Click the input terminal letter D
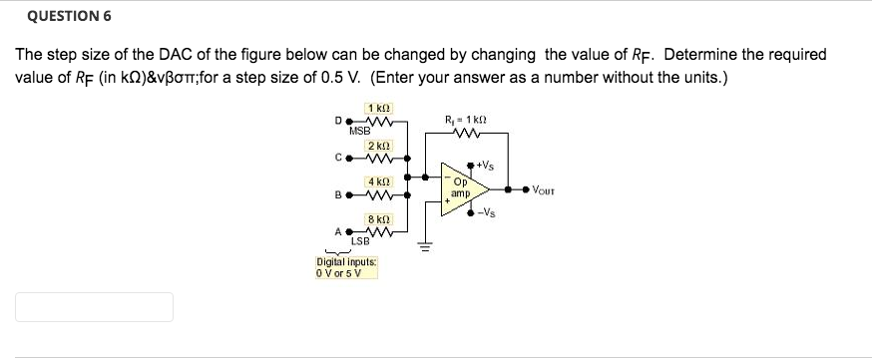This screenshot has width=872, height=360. pos(337,120)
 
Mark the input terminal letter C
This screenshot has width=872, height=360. pos(337,157)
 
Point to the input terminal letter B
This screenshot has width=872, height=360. pos(337,194)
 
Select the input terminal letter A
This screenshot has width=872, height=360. pos(337,231)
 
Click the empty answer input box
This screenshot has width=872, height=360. pos(94,306)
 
